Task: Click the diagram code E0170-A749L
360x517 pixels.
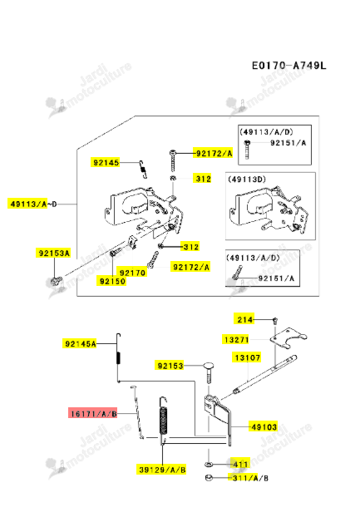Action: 288,66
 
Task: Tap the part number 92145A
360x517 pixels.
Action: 81,344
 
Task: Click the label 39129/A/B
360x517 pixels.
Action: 162,470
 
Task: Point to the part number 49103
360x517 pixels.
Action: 264,427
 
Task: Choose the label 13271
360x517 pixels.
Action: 236,339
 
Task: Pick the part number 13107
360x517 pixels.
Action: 247,357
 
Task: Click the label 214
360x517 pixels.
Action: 244,319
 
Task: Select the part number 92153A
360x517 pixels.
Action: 54,254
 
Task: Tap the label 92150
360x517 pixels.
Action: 112,281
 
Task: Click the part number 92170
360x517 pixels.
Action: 132,273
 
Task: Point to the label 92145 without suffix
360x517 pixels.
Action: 106,162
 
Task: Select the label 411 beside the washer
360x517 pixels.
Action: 240,465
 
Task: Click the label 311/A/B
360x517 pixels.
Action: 250,478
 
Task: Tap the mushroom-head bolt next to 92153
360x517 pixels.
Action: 209,372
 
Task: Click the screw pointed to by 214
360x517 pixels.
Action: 275,320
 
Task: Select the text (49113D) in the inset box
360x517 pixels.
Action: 247,180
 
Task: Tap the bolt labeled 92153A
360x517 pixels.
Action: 57,281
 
